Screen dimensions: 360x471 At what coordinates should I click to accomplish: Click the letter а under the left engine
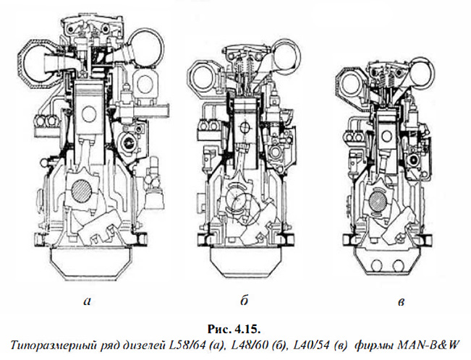(x=87, y=301)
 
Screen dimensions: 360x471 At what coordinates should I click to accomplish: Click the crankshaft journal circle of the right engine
(x=378, y=198)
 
